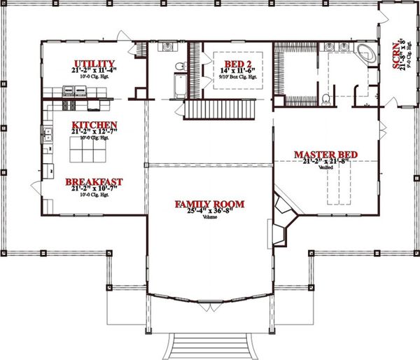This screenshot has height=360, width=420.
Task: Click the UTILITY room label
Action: click(94, 62)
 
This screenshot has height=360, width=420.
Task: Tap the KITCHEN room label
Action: click(93, 125)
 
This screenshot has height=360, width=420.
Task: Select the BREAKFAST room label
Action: click(94, 182)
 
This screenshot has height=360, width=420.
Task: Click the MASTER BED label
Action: click(326, 154)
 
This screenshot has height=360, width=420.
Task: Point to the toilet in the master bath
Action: click(327, 97)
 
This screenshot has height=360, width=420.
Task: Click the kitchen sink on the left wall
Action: click(47, 134)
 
